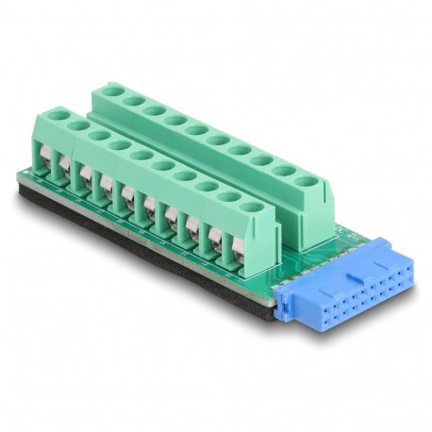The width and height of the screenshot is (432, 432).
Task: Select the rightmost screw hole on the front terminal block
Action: pos(250,205)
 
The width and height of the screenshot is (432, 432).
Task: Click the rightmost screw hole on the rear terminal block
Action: pos(306,179)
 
